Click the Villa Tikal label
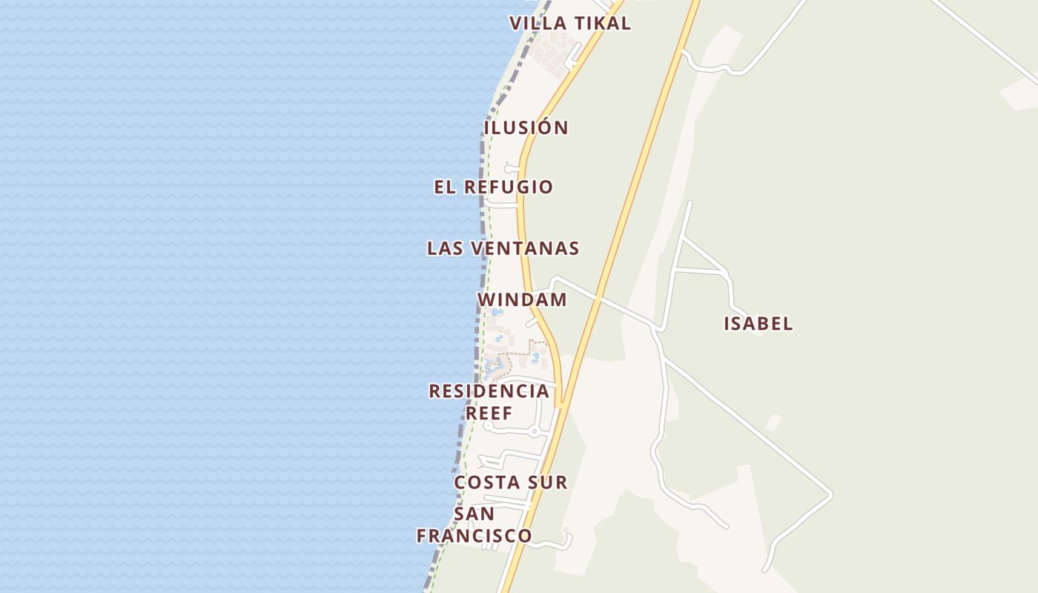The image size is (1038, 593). click(570, 24)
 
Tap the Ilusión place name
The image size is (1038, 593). click(526, 128)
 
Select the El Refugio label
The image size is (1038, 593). click(494, 188)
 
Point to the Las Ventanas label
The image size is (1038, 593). click(503, 249)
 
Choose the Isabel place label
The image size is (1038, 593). click(758, 324)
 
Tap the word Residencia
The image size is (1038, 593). click(489, 391)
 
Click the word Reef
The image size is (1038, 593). click(489, 414)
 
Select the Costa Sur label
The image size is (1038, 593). click(511, 483)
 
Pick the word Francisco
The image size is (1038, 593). click(474, 535)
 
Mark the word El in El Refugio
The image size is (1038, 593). click(445, 188)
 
